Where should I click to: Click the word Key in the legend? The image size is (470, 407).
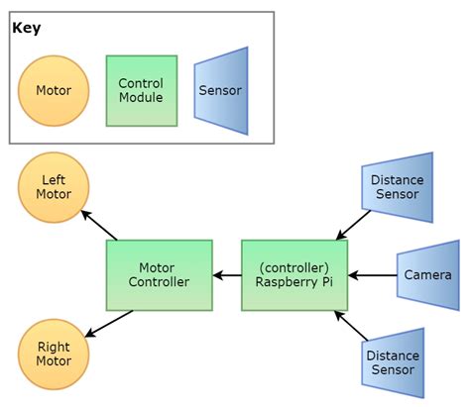point(26,28)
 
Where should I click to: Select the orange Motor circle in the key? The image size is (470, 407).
point(54,90)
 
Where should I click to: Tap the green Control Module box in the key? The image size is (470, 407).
point(141,90)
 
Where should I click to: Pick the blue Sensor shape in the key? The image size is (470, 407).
point(220,90)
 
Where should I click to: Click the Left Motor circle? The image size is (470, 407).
point(54,187)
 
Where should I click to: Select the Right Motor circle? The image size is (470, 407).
point(54,355)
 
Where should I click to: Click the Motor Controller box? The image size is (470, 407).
point(159,274)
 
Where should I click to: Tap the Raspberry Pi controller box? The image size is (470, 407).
point(294,274)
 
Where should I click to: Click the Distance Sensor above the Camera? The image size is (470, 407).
point(397,187)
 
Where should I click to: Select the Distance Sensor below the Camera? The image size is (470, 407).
point(393,362)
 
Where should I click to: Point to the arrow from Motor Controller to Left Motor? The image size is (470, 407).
point(99,225)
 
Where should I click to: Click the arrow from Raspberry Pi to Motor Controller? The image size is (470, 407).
point(227,274)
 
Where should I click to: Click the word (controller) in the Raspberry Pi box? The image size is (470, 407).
point(294,266)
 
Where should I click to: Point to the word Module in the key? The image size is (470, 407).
point(141,98)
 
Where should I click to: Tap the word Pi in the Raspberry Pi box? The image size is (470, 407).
point(328,282)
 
